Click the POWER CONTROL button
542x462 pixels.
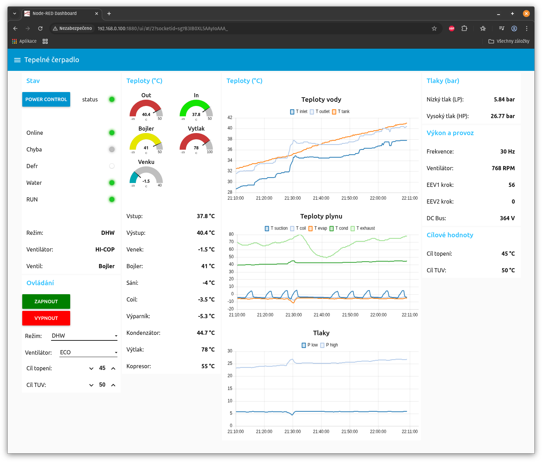tap(46, 99)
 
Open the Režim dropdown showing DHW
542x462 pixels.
tap(84, 336)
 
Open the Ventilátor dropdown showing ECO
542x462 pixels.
tap(89, 353)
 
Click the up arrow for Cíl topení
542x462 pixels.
tap(113, 368)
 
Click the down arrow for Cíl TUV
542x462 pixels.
tap(91, 385)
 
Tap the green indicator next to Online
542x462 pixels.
tap(112, 133)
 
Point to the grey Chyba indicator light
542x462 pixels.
tap(112, 149)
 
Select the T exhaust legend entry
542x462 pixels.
tap(363, 228)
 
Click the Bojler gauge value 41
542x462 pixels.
tap(146, 148)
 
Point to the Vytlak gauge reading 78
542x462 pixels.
tap(196, 148)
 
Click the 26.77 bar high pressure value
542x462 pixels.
tap(502, 116)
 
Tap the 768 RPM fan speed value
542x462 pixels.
tap(503, 168)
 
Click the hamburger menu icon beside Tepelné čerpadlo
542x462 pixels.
tap(17, 60)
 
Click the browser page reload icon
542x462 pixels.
tap(40, 28)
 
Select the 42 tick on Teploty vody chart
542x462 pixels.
tap(230, 117)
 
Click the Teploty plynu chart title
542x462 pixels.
tap(321, 216)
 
